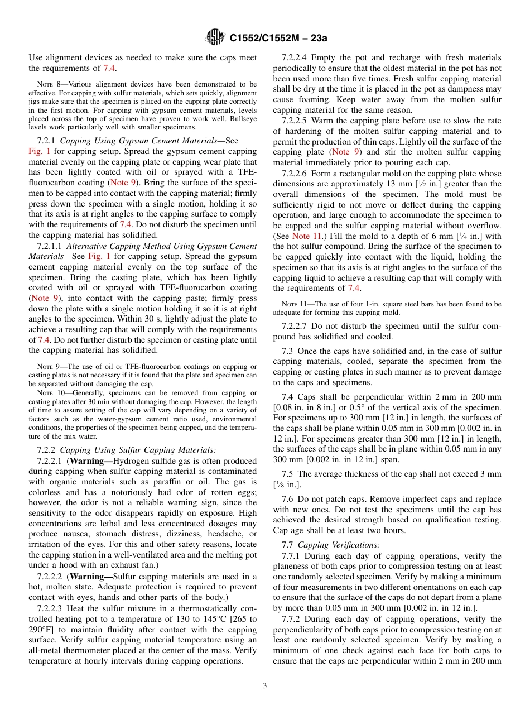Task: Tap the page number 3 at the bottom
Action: [x=265, y=686]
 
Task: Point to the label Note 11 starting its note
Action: [x=294, y=304]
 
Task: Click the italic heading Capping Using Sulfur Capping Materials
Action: [x=138, y=450]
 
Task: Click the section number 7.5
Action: [x=287, y=474]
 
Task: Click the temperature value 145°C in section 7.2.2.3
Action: [x=213, y=619]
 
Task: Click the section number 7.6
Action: [x=287, y=499]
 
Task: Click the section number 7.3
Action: [x=287, y=351]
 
